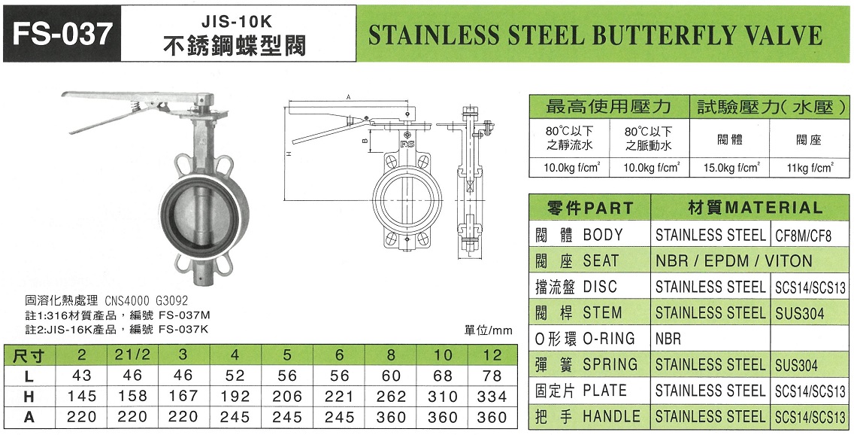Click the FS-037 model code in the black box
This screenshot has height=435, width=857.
coord(61,34)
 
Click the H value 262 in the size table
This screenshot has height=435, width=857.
coord(391,396)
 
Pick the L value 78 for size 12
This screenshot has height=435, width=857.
coord(492,376)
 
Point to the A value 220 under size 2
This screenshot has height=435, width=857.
coord(82,417)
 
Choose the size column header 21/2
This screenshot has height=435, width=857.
coord(132,355)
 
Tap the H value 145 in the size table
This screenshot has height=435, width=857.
coord(82,396)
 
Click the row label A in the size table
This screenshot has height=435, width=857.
coord(29,417)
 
